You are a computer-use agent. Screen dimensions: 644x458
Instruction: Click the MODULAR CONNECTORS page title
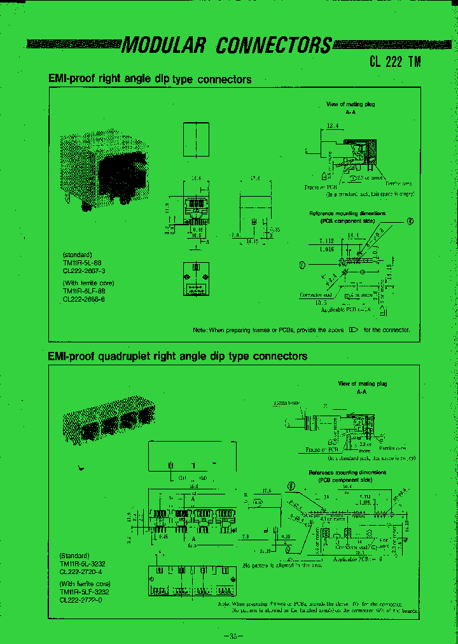coord(226,45)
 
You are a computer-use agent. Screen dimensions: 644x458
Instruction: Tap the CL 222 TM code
coord(395,62)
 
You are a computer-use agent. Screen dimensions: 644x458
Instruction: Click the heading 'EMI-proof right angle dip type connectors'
coord(150,80)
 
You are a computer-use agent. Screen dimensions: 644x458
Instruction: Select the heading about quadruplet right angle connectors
coord(178,356)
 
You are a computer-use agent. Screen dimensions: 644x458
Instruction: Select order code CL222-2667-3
coord(84,270)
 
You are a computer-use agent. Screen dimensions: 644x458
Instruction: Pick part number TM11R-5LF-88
coord(84,291)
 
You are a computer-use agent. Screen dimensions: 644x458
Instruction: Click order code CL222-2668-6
coord(84,298)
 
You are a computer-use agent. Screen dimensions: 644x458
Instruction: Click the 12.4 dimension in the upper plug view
coord(333,127)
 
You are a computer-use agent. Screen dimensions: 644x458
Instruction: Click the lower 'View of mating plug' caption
coord(362,384)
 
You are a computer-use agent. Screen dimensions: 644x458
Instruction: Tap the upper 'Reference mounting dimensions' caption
coord(347,214)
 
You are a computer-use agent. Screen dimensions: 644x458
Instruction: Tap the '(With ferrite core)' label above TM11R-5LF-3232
coord(85,584)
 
